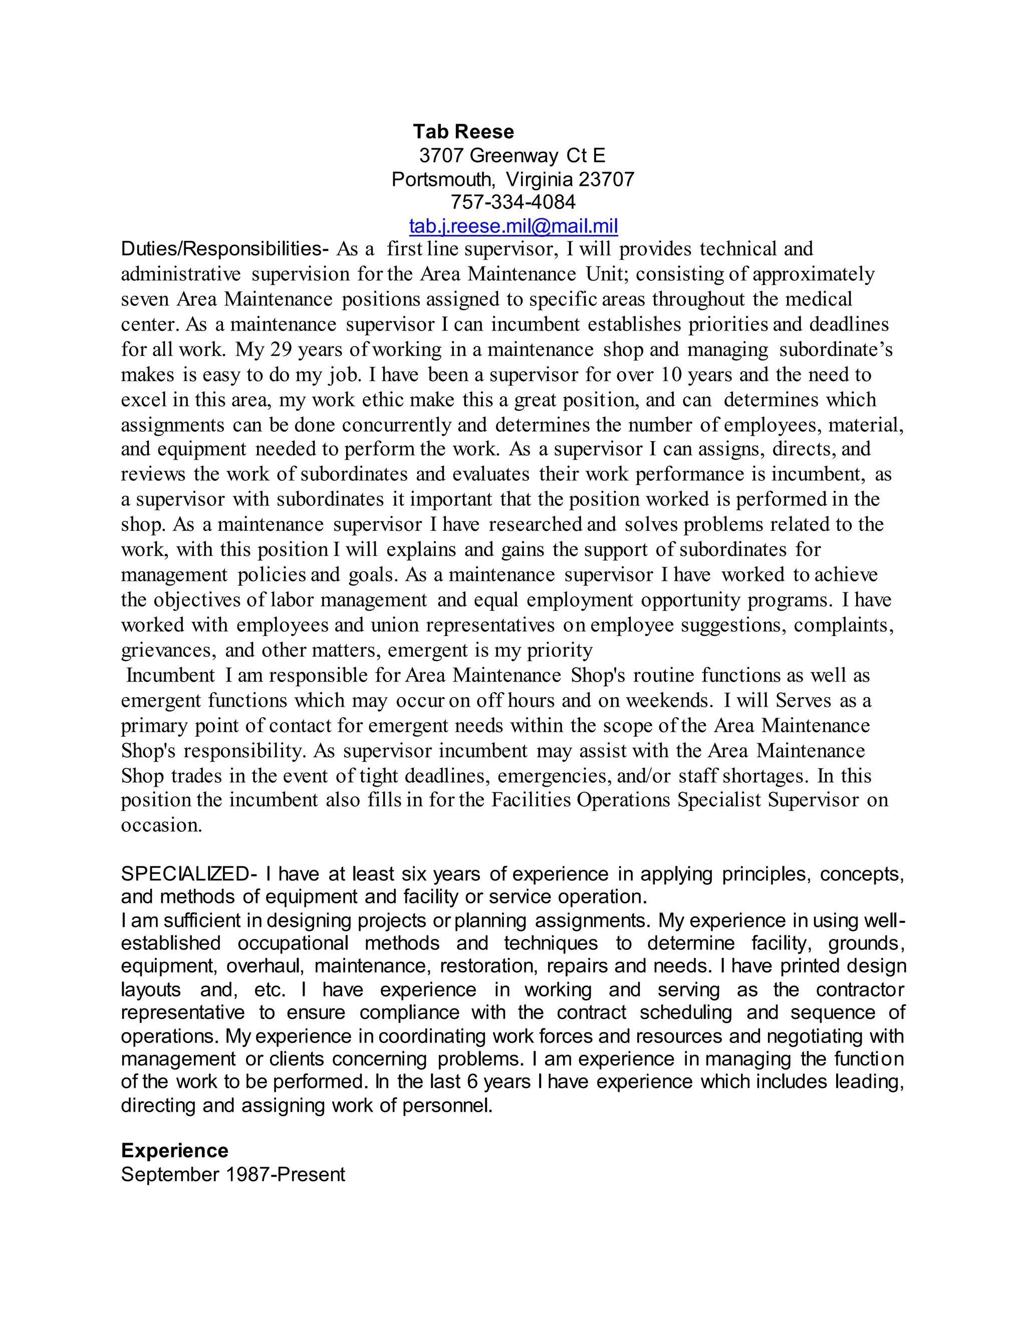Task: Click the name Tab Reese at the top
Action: click(x=463, y=132)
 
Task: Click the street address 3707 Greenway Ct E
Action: click(x=512, y=156)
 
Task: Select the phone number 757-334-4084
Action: click(x=512, y=202)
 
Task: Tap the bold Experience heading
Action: click(x=174, y=1151)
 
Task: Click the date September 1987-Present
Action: click(x=233, y=1174)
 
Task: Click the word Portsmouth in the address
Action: click(x=442, y=179)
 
